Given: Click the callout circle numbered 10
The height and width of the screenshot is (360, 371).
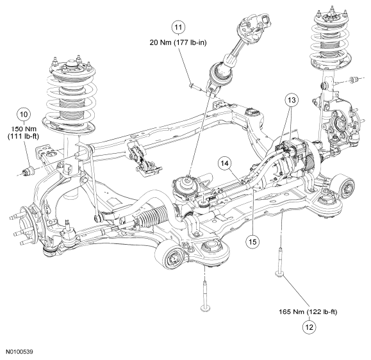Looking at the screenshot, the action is click(x=24, y=114).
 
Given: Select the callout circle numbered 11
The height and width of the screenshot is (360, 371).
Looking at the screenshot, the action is click(x=178, y=28).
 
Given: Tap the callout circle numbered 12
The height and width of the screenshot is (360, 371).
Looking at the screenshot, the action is click(x=309, y=327).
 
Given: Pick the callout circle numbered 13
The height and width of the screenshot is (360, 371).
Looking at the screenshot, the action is click(x=292, y=100).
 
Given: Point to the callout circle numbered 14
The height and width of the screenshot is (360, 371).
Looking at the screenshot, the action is click(x=226, y=163).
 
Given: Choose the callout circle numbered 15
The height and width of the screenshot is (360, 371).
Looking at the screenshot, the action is click(x=252, y=241).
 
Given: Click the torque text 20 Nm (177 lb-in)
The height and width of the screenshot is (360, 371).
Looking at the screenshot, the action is click(x=178, y=42).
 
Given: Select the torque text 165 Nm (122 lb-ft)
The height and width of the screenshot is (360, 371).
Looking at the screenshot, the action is click(x=308, y=312).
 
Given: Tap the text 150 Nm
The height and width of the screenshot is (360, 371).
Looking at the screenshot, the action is click(x=24, y=129).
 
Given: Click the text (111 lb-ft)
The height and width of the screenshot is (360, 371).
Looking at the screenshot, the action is click(x=23, y=136).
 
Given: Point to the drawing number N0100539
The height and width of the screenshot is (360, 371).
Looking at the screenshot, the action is click(x=19, y=352).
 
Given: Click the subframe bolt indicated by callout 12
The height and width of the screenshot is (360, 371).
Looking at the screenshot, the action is click(x=280, y=262).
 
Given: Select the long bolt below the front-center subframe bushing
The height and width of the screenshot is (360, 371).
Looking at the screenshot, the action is click(x=205, y=296).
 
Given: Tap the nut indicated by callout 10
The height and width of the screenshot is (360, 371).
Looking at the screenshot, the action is click(x=29, y=170).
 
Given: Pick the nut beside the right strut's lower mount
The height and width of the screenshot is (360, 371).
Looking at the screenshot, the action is click(x=354, y=79).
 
